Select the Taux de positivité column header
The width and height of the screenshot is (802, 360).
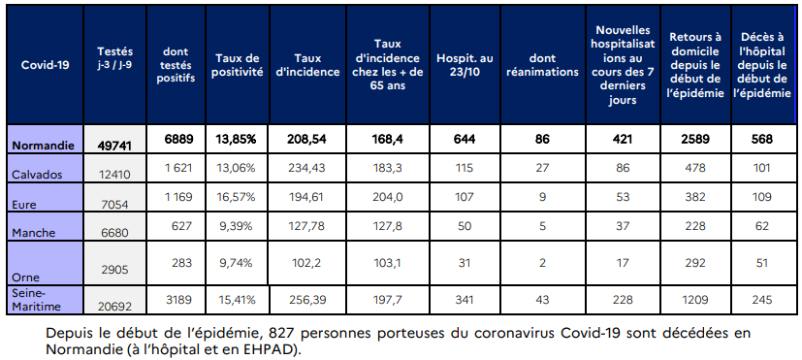click(x=239, y=65)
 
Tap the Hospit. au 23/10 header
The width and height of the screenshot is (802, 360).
click(x=461, y=65)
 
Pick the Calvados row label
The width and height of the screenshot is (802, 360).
click(x=35, y=173)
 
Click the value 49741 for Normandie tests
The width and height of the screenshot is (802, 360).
click(x=115, y=144)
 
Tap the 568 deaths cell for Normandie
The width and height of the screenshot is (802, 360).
click(x=761, y=139)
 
